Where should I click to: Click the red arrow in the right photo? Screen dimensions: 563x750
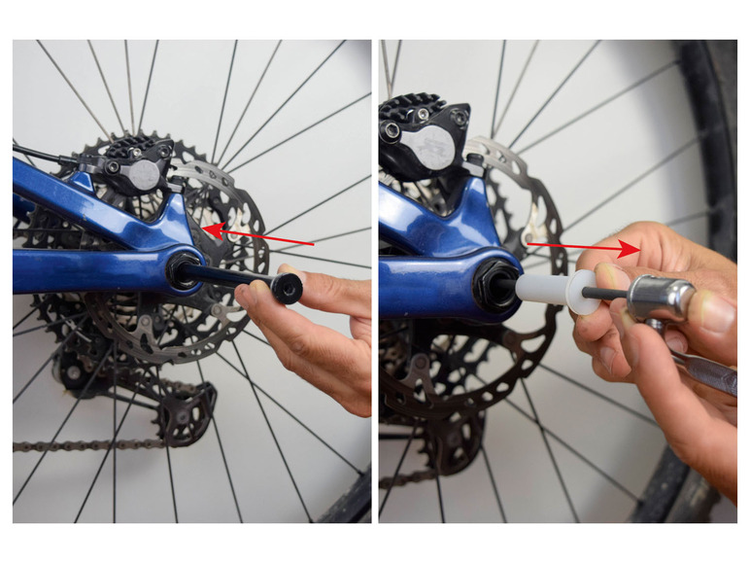(x=583, y=247)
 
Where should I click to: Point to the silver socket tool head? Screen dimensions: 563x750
(x=661, y=298)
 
